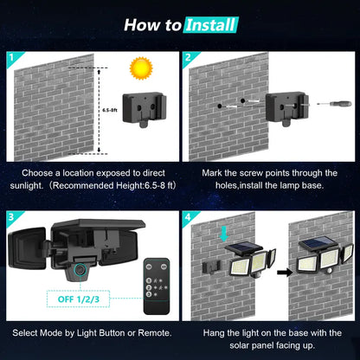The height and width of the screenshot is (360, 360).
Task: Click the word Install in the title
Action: click(x=210, y=24)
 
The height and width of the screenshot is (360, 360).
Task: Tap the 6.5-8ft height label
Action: click(x=109, y=111)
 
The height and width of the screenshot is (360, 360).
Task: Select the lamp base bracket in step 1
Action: click(x=142, y=111)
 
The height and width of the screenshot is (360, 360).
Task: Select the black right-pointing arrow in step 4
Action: click(x=284, y=270)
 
